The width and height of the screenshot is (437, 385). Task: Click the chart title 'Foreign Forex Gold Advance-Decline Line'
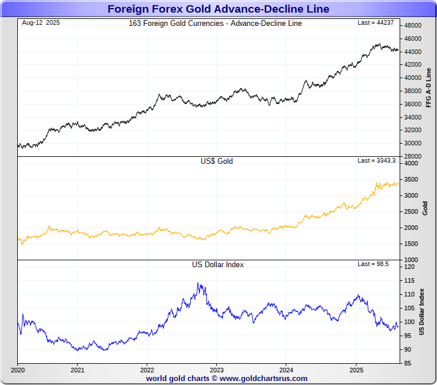pos(218,9)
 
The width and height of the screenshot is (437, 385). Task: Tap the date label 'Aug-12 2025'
pos(41,23)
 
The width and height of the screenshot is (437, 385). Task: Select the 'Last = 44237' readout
pos(377,23)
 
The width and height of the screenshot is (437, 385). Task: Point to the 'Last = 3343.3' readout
pos(377,161)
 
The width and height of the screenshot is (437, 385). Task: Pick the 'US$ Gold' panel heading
pos(217,161)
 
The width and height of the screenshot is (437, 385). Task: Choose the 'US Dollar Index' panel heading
pos(218,265)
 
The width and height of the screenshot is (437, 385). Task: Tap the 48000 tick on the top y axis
pos(413,26)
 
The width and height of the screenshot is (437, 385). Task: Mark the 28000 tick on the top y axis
pos(413,156)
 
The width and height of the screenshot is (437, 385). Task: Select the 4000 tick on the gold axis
pos(411,163)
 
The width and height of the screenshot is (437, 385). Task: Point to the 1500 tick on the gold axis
pos(411,244)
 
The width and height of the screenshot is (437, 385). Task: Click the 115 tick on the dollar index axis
pos(409,280)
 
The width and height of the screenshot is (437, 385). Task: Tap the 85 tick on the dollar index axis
pos(407,363)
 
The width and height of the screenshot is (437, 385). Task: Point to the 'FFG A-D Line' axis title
pos(428,87)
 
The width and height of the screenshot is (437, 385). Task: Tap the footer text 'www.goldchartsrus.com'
pos(263,379)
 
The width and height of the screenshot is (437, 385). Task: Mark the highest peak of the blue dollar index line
pos(198,283)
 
